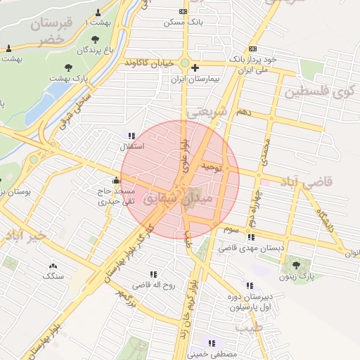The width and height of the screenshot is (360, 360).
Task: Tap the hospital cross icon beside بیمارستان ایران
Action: coord(195,67)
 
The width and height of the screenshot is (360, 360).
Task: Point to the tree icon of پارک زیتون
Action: coord(295,265)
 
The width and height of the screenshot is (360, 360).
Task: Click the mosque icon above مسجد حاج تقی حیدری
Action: coord(116,179)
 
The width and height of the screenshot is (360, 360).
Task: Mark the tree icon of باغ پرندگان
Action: coord(96,38)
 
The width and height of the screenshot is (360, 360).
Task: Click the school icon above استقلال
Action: coord(131,135)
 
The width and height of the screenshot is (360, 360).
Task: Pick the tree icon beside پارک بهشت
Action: coord(68,67)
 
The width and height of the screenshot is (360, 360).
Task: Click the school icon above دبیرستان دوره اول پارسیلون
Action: coord(250,285)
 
